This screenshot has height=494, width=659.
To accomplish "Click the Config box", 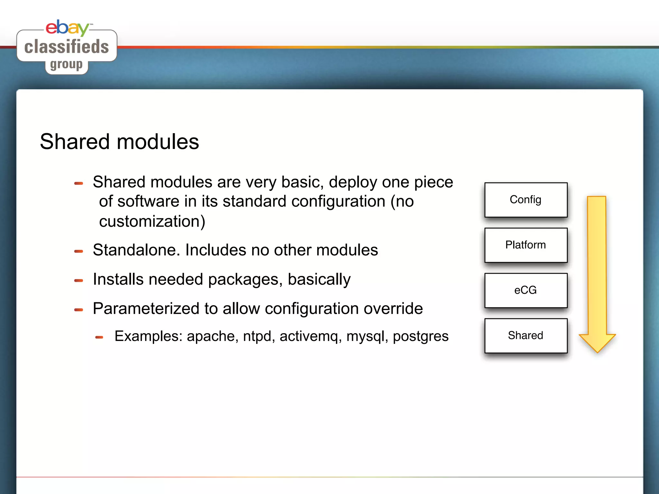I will pos(526,200).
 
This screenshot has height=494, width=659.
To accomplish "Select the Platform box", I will pos(526,245).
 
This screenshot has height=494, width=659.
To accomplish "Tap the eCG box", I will pos(526,290).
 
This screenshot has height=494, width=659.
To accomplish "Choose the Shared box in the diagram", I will pos(526,335).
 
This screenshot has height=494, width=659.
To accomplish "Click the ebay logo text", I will pos(67,28).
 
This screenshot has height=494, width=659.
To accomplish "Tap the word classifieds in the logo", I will pos(67,47).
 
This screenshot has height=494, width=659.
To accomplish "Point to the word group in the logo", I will pos(66,65).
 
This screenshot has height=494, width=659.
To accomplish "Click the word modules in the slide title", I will pos(158,142).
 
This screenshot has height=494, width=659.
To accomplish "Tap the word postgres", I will pos(421,336).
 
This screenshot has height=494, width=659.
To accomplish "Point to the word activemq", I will pos(311,336).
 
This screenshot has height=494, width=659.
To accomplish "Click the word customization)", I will pos(152,222).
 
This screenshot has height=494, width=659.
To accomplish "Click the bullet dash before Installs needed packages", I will pos(79,280).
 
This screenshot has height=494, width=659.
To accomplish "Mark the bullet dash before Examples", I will pos(99,337).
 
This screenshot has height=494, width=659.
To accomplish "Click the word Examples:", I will pos(148,336).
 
